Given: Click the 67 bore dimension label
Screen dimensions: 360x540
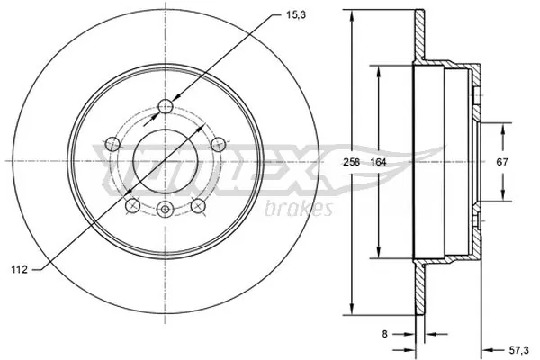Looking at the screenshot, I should click(503, 163).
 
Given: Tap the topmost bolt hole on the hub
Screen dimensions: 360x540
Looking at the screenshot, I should click(164, 108).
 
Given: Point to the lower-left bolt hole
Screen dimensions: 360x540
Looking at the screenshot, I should click(131, 206).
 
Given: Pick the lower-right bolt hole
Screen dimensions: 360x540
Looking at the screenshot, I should click(196, 206).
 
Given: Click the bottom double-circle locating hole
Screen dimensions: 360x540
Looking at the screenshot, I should click(164, 211).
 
